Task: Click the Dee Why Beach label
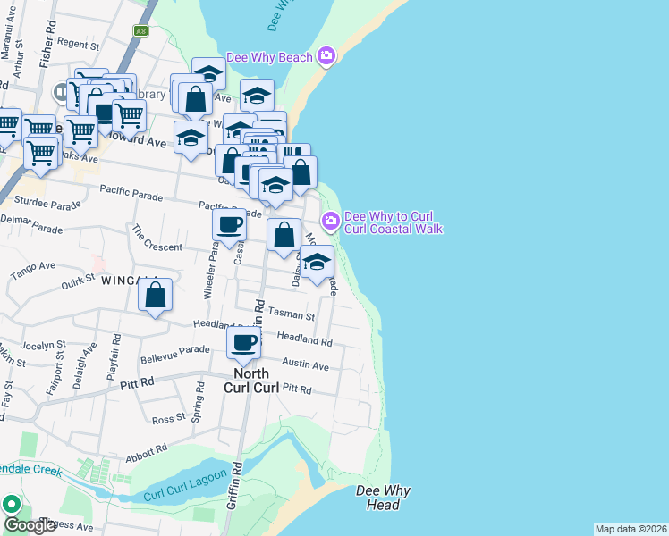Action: [x=269, y=57]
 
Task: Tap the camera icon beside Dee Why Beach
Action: [x=326, y=56]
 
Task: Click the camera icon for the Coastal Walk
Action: [x=330, y=220]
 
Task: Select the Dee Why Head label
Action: [x=377, y=498]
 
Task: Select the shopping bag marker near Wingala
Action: [x=156, y=294]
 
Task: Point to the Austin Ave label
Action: [x=306, y=365]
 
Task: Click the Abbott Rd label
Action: [x=149, y=449]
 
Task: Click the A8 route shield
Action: [x=141, y=30]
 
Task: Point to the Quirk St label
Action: [x=79, y=284]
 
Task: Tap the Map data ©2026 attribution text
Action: [x=631, y=528]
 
